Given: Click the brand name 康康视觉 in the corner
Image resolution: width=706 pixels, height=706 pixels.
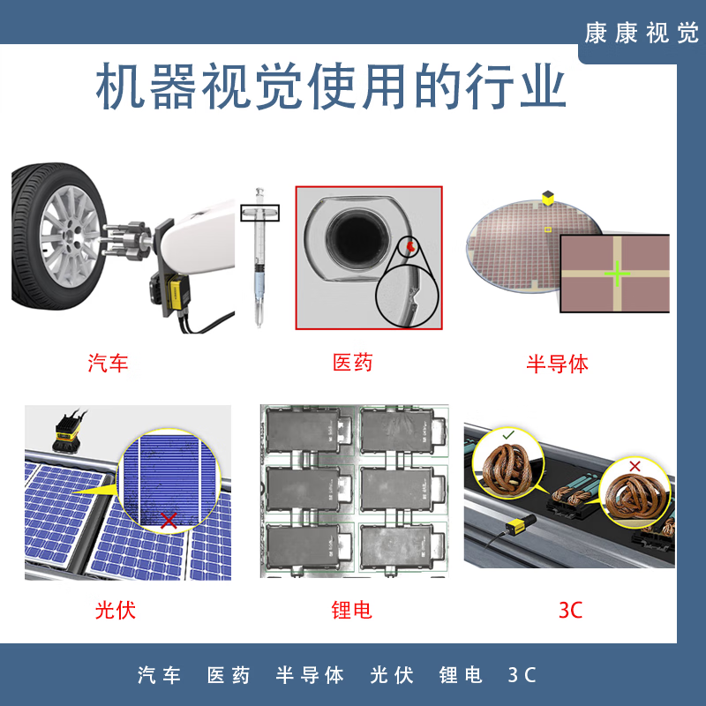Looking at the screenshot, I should pos(642,33).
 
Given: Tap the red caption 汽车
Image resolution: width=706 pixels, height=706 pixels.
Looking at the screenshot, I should pos(109,363).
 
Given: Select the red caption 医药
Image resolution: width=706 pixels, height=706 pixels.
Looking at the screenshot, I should pos(352,363).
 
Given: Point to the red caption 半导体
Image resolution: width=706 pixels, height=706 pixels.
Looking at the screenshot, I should pos(557,363).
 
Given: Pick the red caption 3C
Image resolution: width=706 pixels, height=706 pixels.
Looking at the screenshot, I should pos(571,610).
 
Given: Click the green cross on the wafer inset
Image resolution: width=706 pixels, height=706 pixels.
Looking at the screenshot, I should pos(617,274).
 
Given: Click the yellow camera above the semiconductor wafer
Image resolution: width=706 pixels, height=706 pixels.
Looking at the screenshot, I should pos(548,199).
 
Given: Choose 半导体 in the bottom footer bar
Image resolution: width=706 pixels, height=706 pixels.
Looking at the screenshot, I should pos(310,676).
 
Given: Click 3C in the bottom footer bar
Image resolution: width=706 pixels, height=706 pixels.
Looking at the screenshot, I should pos(522,676).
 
